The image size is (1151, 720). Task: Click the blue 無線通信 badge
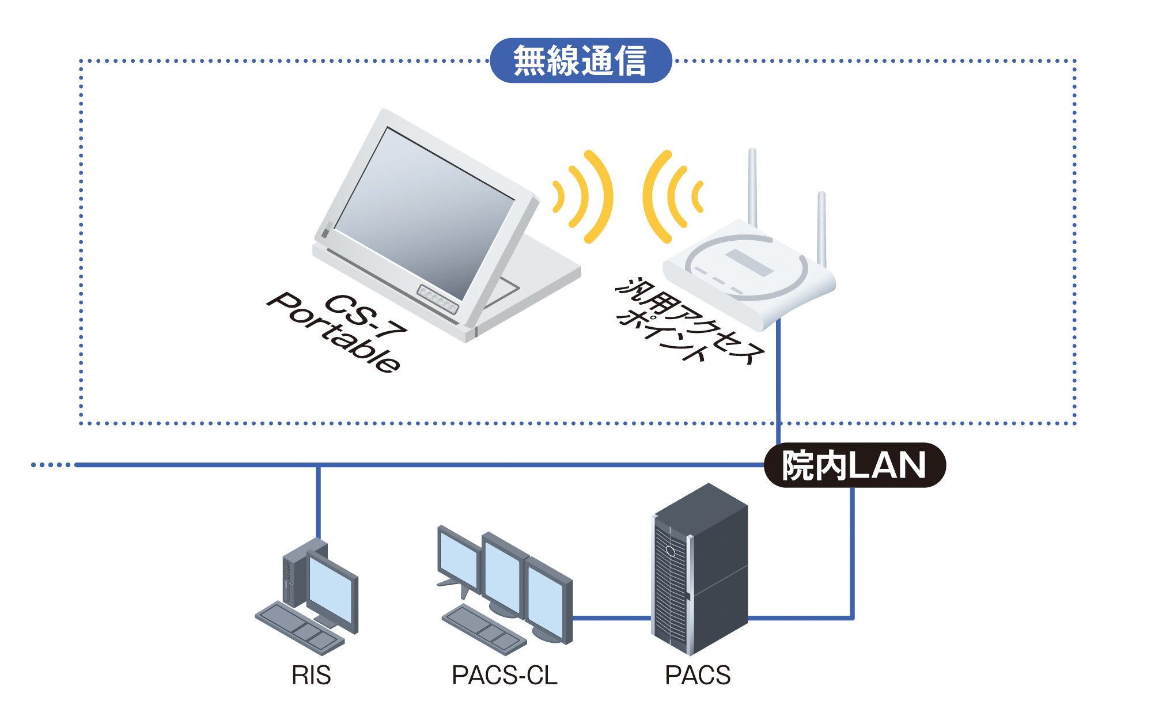click(581, 60)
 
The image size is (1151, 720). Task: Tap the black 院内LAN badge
click(854, 465)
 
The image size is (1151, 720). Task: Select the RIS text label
click(311, 675)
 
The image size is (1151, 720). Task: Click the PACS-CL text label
click(504, 675)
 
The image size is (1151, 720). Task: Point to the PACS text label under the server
click(698, 675)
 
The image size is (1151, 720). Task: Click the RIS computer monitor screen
click(331, 590)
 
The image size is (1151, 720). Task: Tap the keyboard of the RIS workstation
click(300, 628)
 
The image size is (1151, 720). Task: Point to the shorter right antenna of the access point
click(822, 228)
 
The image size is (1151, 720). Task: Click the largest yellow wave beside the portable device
click(602, 196)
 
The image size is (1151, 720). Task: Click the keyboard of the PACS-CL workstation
click(484, 629)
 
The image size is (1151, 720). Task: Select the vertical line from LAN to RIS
click(318, 501)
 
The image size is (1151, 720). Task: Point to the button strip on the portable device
click(438, 299)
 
